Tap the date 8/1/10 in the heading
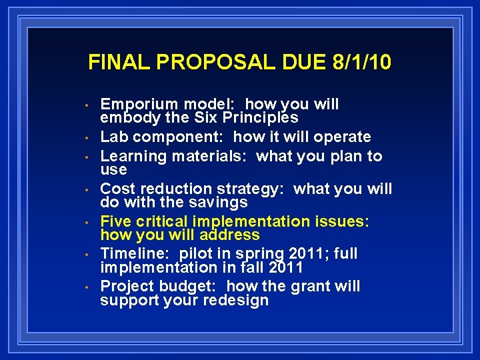click(x=361, y=63)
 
